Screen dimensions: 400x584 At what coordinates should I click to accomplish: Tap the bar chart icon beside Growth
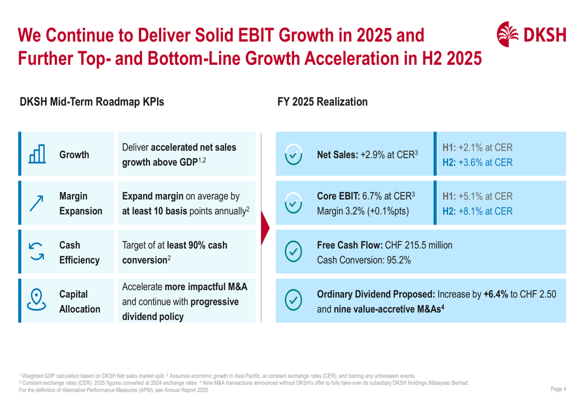click(38, 155)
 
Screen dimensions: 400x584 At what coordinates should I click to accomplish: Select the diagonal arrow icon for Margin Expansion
click(38, 201)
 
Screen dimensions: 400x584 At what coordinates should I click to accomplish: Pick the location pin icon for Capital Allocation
click(38, 299)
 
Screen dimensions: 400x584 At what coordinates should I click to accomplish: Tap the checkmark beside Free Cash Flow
click(293, 253)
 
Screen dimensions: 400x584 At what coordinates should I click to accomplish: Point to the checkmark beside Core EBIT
click(293, 201)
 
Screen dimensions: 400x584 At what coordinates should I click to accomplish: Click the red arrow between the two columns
click(265, 227)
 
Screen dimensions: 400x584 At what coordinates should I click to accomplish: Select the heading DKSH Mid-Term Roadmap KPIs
click(92, 102)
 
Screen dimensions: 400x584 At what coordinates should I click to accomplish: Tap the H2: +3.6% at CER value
click(478, 162)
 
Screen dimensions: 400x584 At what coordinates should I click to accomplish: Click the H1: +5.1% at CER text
click(478, 196)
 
